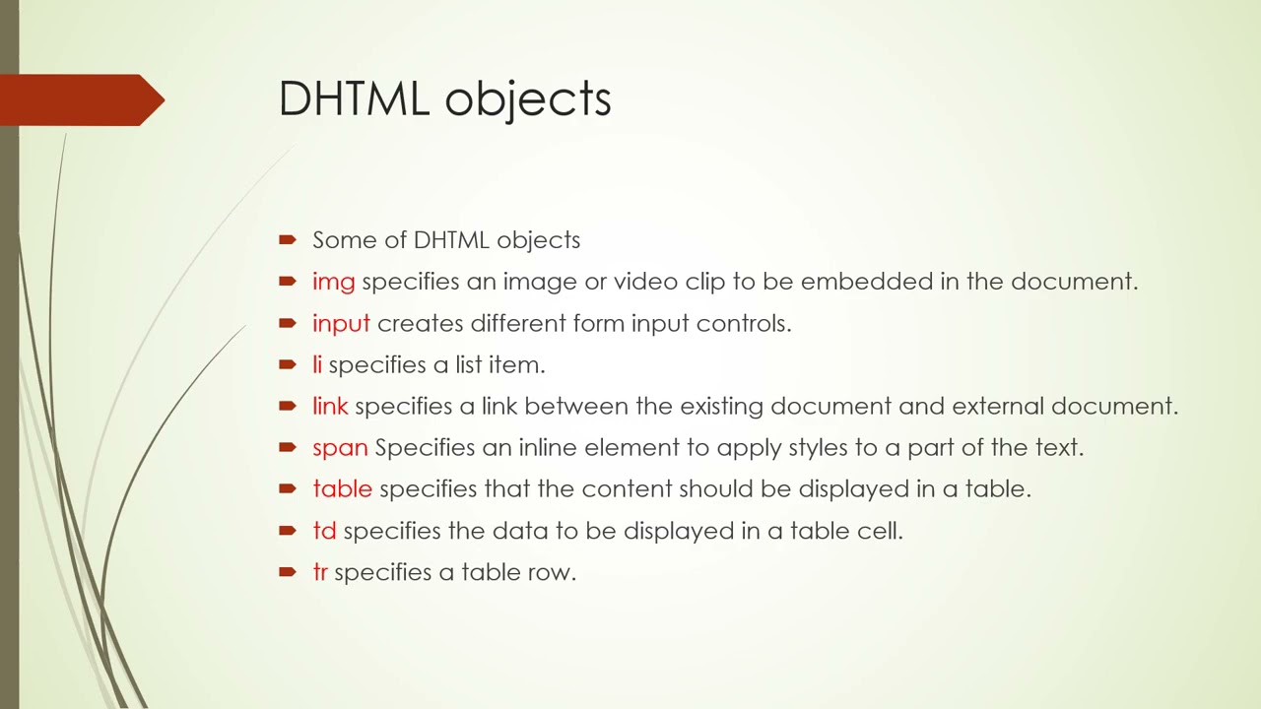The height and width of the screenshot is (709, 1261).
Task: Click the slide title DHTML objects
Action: coord(444,99)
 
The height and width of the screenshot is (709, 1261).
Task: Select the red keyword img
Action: coord(333,282)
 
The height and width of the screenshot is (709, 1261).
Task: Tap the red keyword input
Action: coord(341,324)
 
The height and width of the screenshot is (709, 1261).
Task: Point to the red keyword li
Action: coord(317,365)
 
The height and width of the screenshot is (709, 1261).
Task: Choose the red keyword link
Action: coord(330,407)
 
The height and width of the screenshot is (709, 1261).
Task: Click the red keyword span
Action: coord(340,448)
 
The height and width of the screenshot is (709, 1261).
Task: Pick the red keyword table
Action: coord(342,489)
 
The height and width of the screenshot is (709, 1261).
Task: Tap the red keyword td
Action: coord(324,531)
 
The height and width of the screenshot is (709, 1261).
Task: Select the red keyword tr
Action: coord(319,572)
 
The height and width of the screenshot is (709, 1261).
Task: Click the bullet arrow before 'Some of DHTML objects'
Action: coord(288,239)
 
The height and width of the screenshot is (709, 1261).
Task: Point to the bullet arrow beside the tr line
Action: coord(288,571)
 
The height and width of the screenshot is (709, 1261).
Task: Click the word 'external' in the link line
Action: coord(997,407)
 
